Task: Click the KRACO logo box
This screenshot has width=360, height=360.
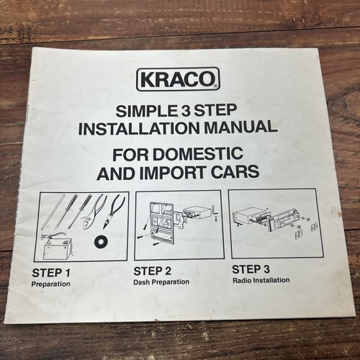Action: click(x=178, y=79)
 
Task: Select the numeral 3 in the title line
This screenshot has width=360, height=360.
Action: click(x=185, y=110)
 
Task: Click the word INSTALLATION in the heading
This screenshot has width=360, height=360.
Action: click(x=139, y=128)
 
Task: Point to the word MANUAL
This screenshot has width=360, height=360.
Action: click(x=240, y=127)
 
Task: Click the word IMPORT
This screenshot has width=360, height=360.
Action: click(x=173, y=173)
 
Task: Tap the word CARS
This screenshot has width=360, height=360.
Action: click(x=235, y=171)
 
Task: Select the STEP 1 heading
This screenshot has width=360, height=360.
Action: click(x=51, y=273)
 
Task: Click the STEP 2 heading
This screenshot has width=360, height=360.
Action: click(x=153, y=271)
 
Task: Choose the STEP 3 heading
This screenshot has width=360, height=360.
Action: click(x=251, y=269)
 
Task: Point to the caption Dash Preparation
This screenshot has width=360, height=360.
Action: click(x=161, y=282)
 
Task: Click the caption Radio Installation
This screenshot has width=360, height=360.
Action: click(x=261, y=280)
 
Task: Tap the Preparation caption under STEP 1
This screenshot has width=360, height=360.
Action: click(x=51, y=284)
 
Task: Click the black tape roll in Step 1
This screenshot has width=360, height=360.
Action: click(x=101, y=241)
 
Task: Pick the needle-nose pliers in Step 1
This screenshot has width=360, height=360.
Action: click(x=114, y=211)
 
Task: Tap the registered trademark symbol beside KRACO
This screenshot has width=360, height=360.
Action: click(x=215, y=86)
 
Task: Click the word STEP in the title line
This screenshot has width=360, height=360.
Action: click(x=215, y=110)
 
